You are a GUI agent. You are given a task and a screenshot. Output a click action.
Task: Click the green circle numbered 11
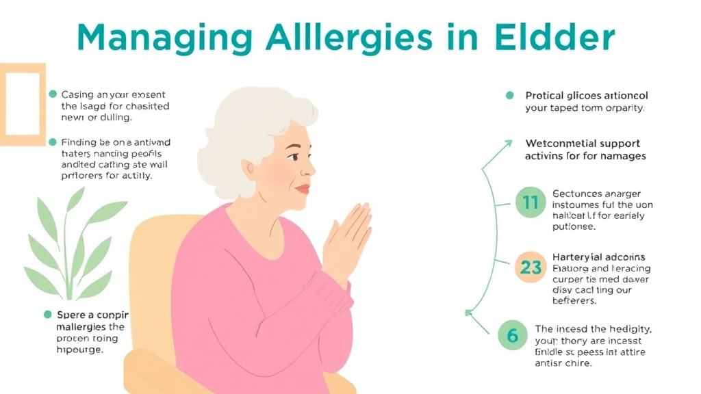pyautogui.click(x=531, y=202)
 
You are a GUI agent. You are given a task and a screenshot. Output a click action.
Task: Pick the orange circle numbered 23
pyautogui.click(x=531, y=267)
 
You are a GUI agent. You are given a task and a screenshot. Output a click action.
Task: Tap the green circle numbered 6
pyautogui.click(x=513, y=335)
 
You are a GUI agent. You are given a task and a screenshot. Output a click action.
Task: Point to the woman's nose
pyautogui.click(x=310, y=168)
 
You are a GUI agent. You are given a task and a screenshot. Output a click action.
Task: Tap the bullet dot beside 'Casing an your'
pyautogui.click(x=53, y=94)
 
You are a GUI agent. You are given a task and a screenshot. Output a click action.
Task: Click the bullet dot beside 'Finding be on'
pyautogui.click(x=53, y=142)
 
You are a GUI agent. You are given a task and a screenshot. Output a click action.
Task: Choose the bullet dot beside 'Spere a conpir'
pyautogui.click(x=48, y=315)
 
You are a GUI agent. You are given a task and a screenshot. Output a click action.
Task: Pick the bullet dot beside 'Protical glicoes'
pyautogui.click(x=509, y=96)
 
